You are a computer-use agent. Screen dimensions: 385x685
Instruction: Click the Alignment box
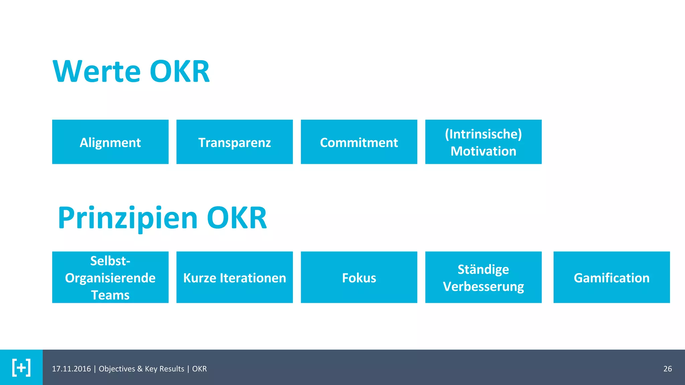[110, 142]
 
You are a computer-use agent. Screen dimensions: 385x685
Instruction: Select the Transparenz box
[234, 142]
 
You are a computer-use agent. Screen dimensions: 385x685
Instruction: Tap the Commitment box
[359, 142]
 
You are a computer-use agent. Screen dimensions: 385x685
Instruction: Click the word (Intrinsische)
[483, 134]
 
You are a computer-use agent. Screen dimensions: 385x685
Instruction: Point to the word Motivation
[483, 151]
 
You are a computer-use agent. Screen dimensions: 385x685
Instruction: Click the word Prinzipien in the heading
[128, 218]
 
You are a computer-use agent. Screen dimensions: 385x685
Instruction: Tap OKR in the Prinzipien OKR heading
[237, 218]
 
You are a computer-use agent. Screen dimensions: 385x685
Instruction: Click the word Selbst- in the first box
[110, 261]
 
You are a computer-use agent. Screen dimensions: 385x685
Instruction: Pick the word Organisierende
[110, 278]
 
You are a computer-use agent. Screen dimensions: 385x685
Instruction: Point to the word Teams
[110, 295]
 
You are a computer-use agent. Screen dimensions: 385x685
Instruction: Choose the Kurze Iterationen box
[234, 277]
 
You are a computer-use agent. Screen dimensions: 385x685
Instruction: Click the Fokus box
[359, 277]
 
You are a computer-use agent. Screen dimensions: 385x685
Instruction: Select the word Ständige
[483, 269]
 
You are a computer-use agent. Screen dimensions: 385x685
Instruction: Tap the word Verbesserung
[483, 287]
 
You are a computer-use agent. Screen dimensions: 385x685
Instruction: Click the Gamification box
[611, 277]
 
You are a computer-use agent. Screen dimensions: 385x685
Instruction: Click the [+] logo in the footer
[21, 368]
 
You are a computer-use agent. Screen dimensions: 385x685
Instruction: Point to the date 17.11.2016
[71, 369]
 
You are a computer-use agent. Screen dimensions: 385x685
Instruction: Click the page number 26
[667, 369]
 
